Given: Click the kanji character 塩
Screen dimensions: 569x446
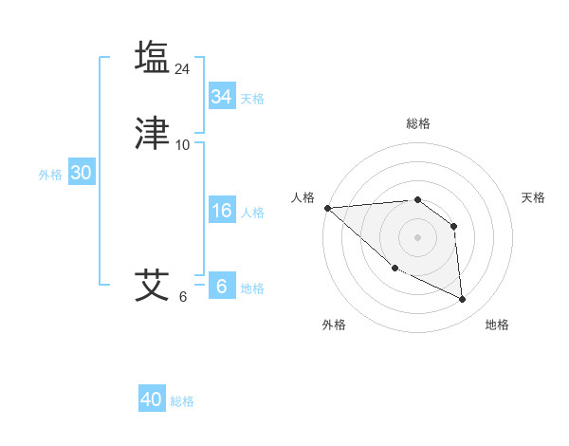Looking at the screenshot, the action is (152, 56).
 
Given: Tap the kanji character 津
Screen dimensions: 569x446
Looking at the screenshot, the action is (152, 133).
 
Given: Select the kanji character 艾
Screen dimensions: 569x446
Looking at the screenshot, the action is (152, 285).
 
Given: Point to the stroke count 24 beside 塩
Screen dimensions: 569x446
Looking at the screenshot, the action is (183, 68).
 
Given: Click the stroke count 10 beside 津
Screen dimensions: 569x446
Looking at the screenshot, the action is (183, 145).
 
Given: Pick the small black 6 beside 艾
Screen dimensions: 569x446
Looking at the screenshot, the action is (183, 297).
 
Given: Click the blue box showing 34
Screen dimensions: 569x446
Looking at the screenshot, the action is (222, 97).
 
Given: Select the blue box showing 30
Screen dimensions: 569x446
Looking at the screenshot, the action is (81, 173).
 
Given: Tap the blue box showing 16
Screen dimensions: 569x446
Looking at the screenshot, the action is (222, 211).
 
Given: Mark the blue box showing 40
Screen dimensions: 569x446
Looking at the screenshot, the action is (152, 400).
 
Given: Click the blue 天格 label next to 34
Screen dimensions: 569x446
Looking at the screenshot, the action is (252, 99).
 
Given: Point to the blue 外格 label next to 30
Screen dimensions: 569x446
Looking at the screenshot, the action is (50, 175).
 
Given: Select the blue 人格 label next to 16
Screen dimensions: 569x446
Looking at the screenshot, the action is (252, 213).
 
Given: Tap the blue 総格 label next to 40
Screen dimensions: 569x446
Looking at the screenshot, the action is (182, 401).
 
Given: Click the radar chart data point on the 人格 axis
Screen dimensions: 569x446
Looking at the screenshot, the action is (327, 208).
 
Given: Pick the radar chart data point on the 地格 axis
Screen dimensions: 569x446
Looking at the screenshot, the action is (463, 300).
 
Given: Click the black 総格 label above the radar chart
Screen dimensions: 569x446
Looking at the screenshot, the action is (418, 123).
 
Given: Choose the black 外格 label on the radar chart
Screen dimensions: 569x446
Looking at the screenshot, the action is (334, 325).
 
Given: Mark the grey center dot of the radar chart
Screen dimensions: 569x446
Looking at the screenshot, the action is (417, 236).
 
